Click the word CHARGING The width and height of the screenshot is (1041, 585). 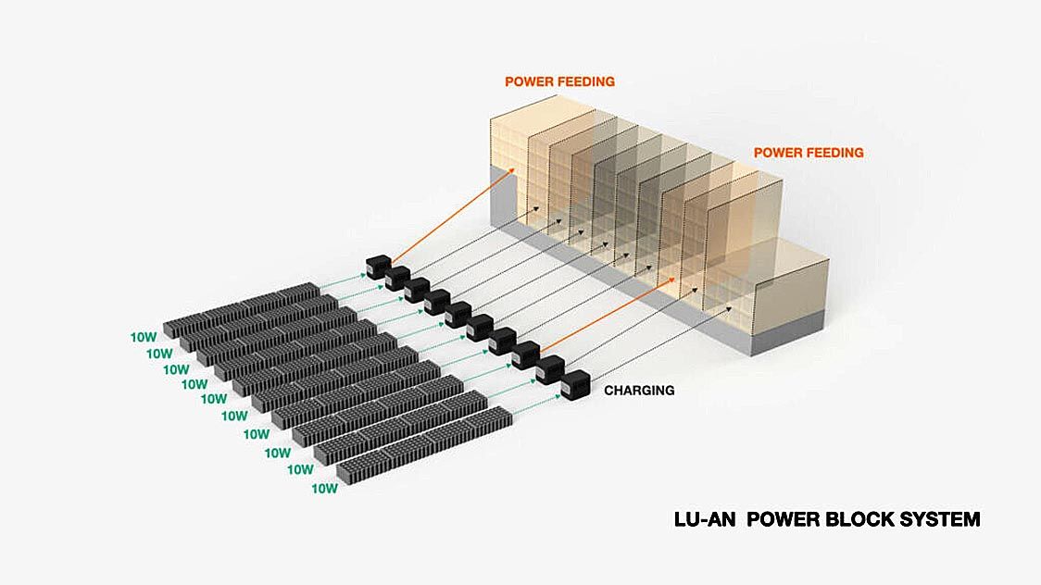639,391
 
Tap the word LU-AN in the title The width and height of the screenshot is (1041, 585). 705,519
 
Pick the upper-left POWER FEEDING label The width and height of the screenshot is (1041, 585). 559,81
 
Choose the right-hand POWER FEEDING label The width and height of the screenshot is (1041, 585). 809,153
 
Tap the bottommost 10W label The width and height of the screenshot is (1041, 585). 324,488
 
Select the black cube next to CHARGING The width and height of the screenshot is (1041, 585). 575,384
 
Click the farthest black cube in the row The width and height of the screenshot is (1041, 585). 379,267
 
